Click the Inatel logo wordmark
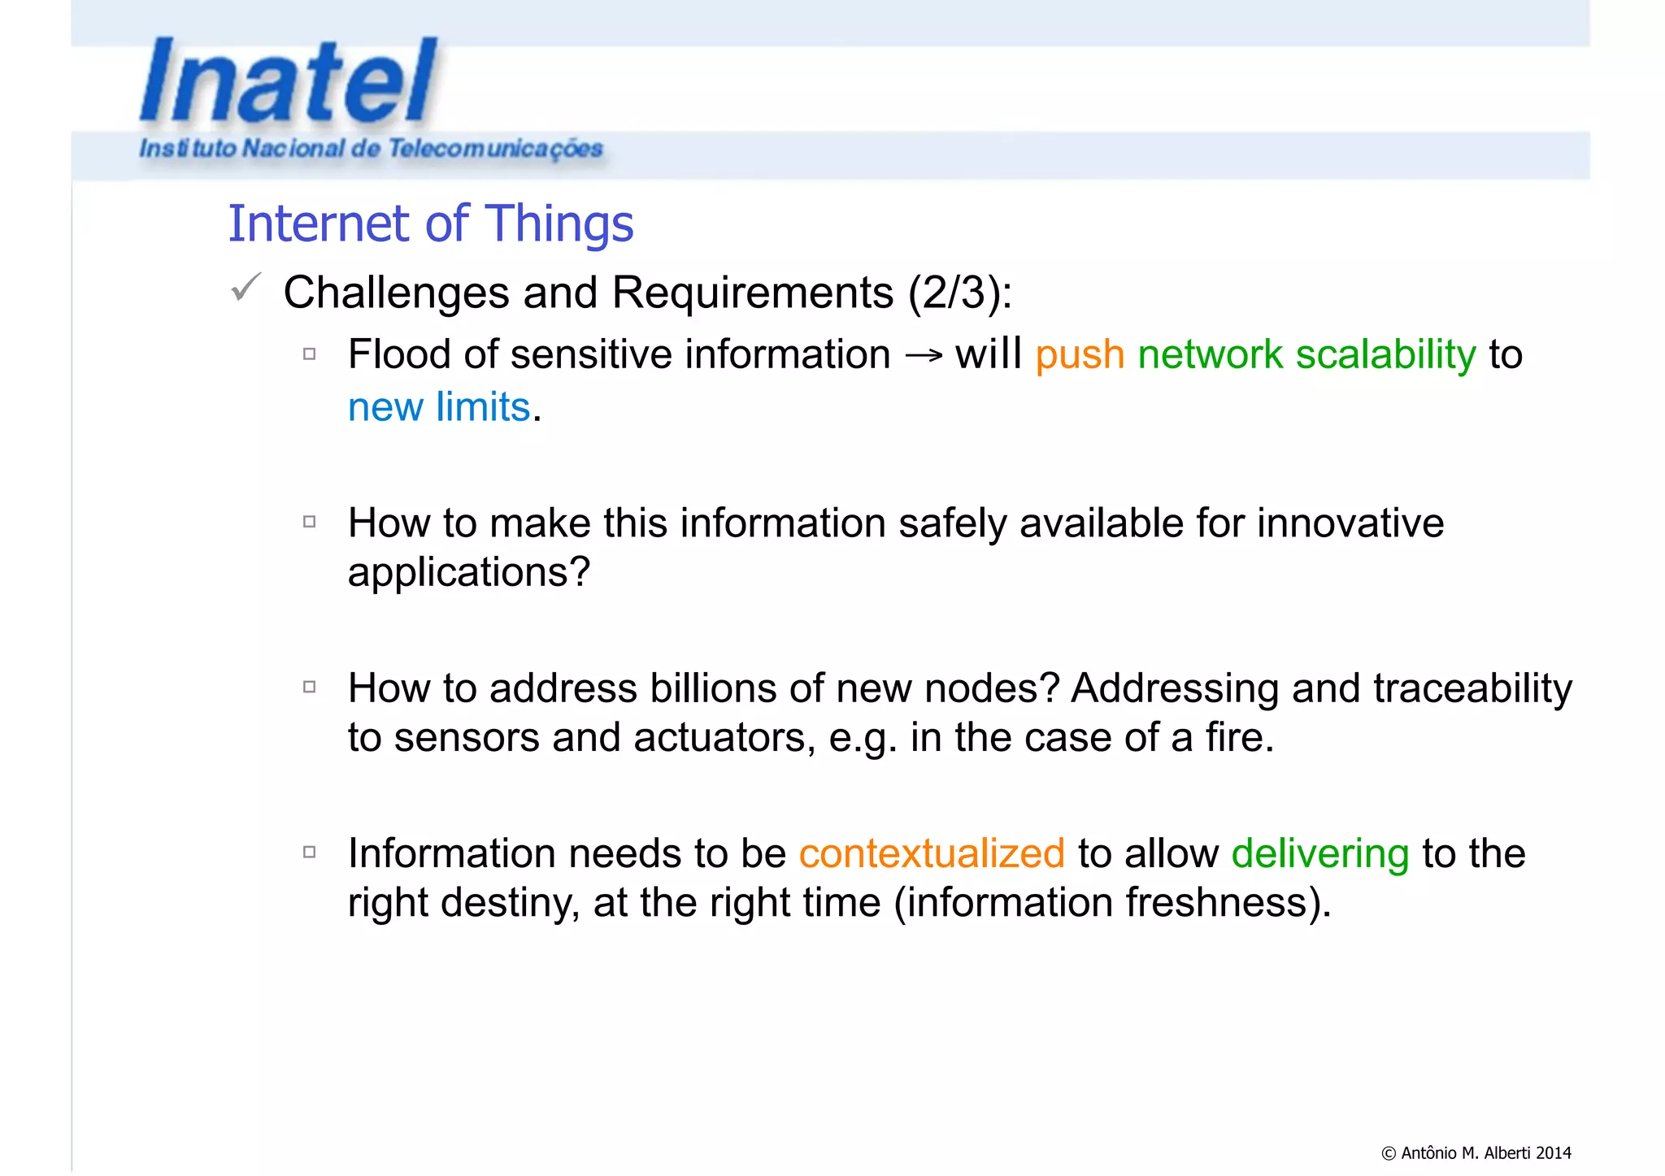[x=289, y=81]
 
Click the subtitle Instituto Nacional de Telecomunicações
[x=371, y=149]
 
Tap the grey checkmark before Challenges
[x=246, y=288]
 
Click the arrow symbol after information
[x=924, y=355]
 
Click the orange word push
[x=1080, y=355]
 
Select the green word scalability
[x=1385, y=355]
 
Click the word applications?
[x=468, y=573]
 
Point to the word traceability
[x=1472, y=688]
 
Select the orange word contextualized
[x=932, y=853]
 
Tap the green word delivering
[x=1319, y=853]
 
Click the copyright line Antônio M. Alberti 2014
[x=1476, y=1152]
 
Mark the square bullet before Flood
[x=309, y=354]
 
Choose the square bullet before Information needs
[x=309, y=852]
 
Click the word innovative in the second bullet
[x=1350, y=523]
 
